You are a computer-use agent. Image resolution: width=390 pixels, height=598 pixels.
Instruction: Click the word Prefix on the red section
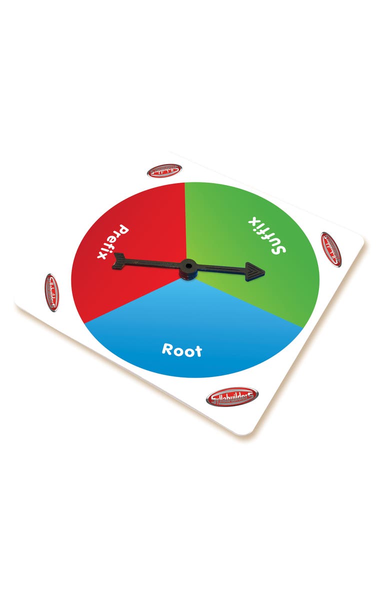pos(113,242)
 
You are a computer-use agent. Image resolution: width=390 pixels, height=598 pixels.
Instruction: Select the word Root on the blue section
pos(182,349)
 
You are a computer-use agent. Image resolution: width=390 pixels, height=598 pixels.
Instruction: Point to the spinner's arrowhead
pos(254,271)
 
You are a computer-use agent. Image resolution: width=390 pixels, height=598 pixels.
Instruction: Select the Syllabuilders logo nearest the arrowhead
pos(330,248)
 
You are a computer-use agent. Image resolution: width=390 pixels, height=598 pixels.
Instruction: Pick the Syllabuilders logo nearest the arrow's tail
pos(51,292)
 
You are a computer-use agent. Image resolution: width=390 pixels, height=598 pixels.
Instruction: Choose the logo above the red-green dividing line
pos(164,171)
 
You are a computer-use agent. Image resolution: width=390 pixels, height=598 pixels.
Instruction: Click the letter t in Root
pos(198,351)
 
